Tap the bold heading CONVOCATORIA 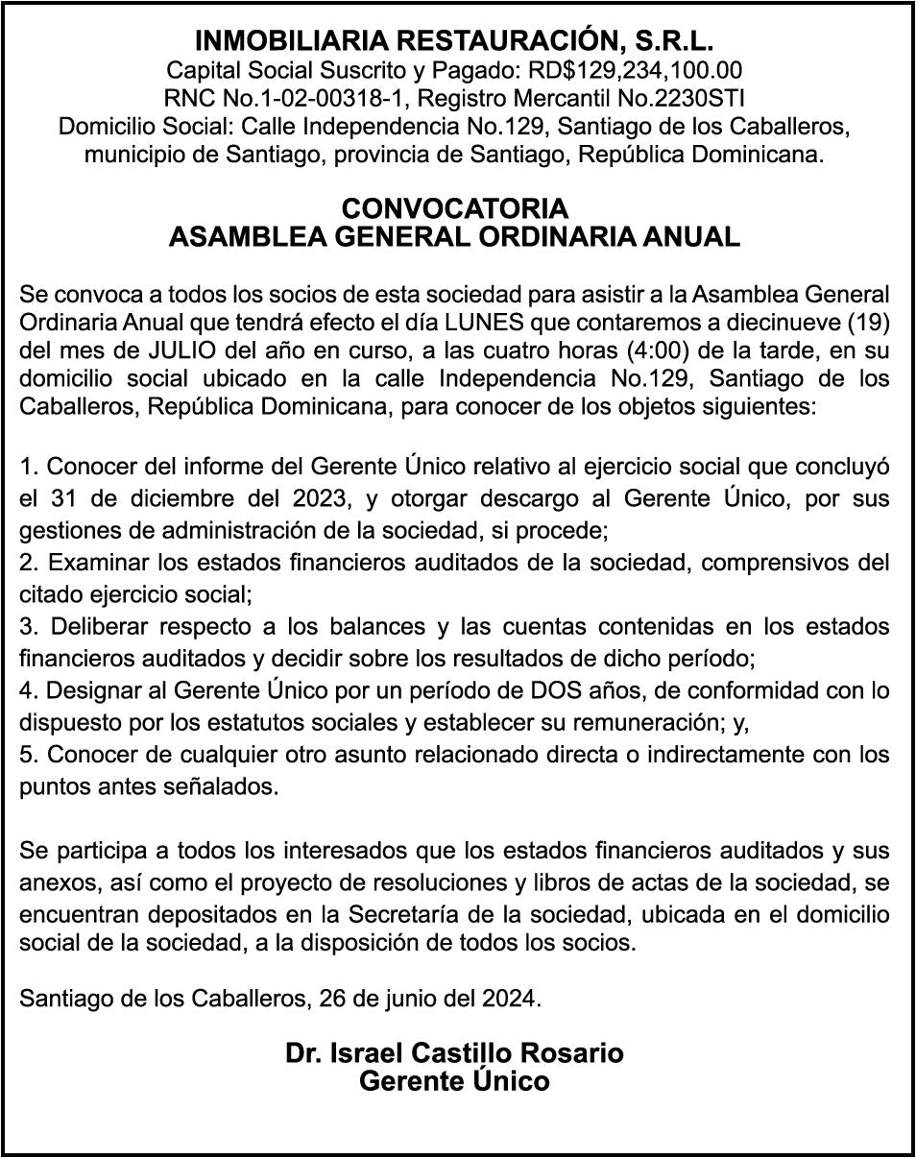point(454,208)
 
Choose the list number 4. point(28,690)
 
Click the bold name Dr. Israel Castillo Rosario point(454,1052)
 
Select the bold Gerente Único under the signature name point(454,1081)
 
